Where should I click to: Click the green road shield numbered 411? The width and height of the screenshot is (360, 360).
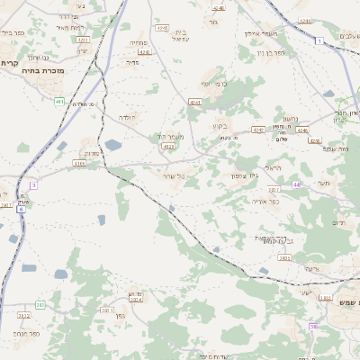click(x=59, y=102)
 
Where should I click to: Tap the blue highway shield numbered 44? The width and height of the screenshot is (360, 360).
click(x=296, y=184)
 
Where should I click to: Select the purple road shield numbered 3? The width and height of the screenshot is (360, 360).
click(x=34, y=184)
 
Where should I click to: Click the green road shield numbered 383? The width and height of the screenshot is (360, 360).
click(x=40, y=305)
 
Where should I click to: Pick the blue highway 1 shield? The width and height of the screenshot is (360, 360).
click(x=319, y=41)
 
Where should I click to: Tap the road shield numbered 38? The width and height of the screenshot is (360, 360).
click(x=313, y=327)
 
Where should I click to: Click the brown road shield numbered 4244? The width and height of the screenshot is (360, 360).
click(x=145, y=52)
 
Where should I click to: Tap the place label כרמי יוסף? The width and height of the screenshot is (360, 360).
click(x=211, y=83)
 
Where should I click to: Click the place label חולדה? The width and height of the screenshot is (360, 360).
click(x=125, y=117)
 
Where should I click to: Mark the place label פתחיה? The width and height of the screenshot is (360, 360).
click(x=138, y=42)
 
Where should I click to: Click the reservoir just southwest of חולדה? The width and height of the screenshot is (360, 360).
click(x=112, y=144)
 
